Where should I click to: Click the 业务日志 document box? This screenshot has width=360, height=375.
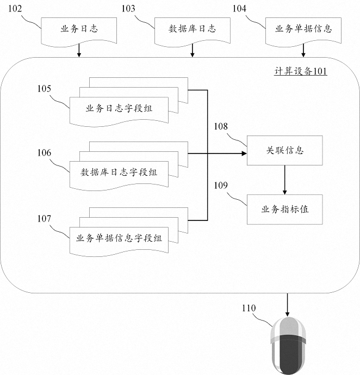(79, 29)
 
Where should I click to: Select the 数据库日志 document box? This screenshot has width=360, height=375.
(193, 29)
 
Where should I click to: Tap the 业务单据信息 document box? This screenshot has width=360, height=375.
(303, 29)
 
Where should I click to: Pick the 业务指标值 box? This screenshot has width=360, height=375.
(285, 209)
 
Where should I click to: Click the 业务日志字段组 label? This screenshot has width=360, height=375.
(119, 108)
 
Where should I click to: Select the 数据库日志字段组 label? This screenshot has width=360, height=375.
(119, 173)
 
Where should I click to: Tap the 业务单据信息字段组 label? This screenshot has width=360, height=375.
(119, 237)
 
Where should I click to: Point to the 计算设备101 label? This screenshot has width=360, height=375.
(301, 71)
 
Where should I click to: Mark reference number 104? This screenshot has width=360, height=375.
(240, 9)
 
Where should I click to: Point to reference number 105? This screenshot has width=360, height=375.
(45, 88)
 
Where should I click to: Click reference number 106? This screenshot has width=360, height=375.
(45, 153)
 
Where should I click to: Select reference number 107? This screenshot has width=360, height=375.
(45, 218)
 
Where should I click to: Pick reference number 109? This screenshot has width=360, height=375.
(221, 185)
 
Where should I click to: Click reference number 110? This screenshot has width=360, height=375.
(249, 309)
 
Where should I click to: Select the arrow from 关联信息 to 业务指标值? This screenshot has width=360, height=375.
(285, 180)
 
